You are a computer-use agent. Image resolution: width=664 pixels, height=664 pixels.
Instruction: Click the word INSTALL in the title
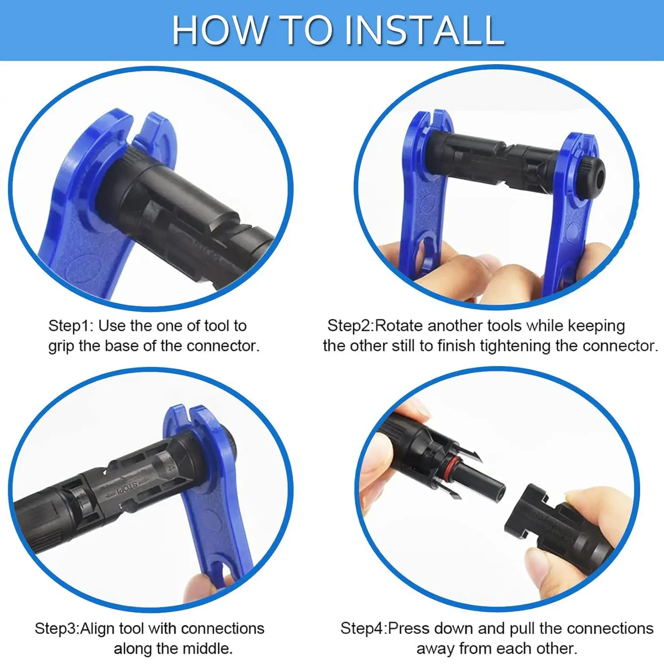[x=424, y=30]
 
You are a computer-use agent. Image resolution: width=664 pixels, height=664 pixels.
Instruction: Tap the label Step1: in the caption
[x=71, y=326]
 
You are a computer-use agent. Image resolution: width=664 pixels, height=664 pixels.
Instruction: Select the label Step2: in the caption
[x=351, y=326]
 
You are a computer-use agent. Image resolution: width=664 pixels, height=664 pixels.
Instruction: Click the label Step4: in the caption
[x=363, y=629]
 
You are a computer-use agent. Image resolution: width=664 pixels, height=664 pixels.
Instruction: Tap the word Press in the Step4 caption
[x=408, y=629]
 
